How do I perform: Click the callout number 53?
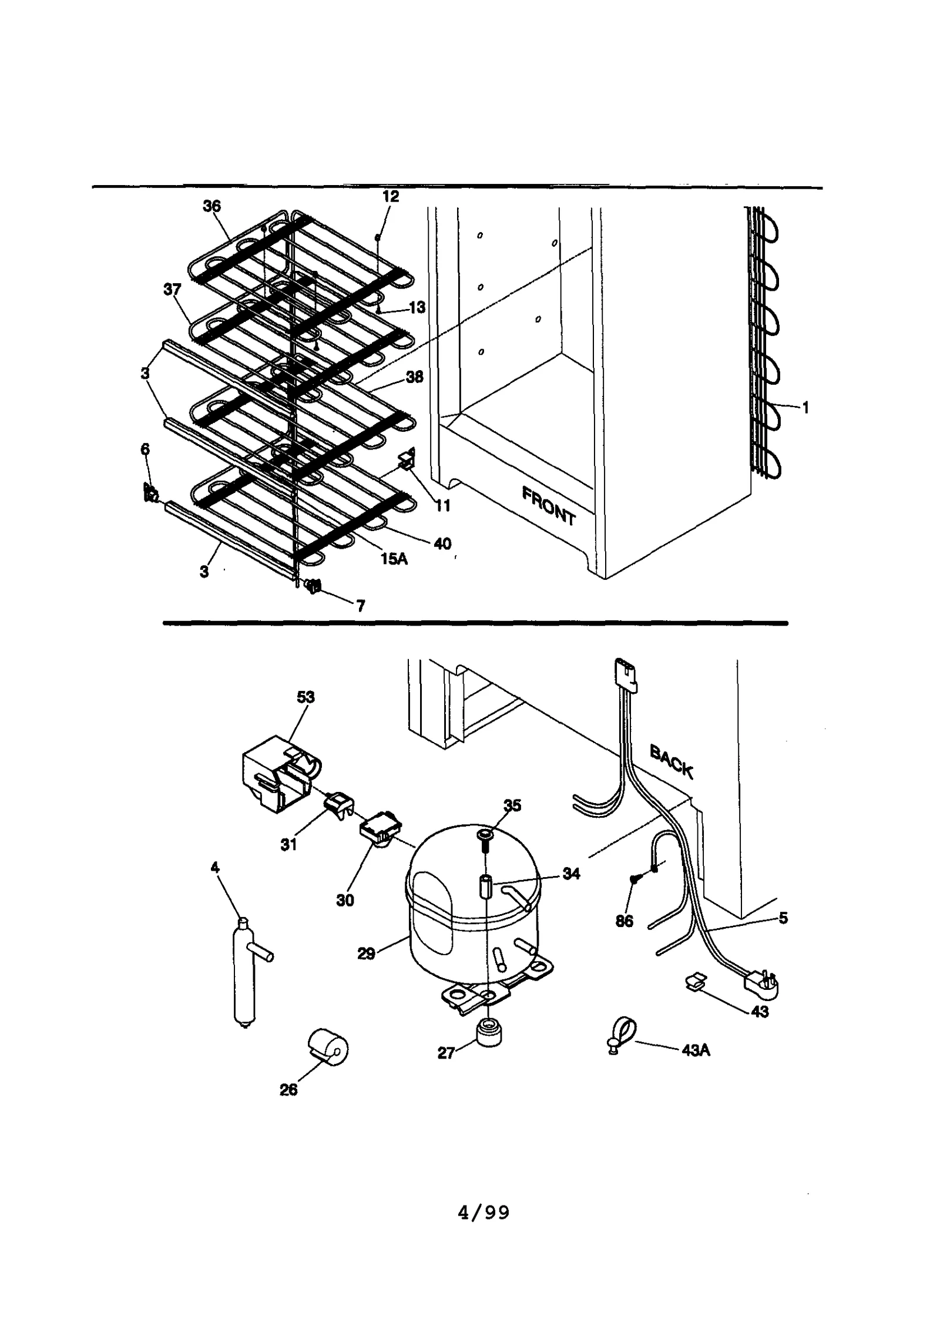(x=305, y=697)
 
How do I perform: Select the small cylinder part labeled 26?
(x=328, y=1047)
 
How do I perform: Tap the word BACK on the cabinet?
(x=672, y=761)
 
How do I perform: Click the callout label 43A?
(x=696, y=1050)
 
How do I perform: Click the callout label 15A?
(x=394, y=558)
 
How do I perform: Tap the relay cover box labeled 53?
(x=276, y=770)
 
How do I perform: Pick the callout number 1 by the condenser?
(x=805, y=407)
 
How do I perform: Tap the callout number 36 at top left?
(x=211, y=206)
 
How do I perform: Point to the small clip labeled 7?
(x=313, y=585)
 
